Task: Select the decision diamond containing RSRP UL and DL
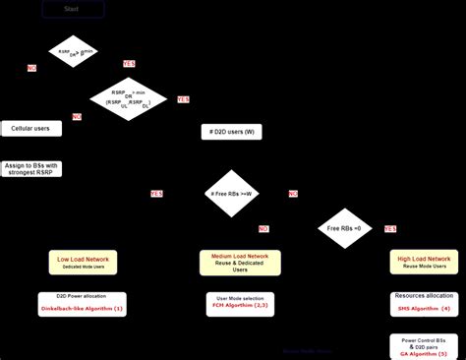[130, 98]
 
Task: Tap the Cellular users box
[30, 128]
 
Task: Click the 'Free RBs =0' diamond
[344, 228]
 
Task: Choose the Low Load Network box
[84, 262]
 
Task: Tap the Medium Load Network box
[240, 262]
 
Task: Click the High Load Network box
[424, 262]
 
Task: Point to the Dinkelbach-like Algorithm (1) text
[83, 310]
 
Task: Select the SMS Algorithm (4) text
[424, 309]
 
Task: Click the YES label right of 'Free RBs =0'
[390, 228]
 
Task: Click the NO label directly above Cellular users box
[77, 116]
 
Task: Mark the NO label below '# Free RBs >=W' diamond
[263, 228]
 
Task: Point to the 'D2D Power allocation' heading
[83, 296]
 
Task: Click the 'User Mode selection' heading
[240, 297]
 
